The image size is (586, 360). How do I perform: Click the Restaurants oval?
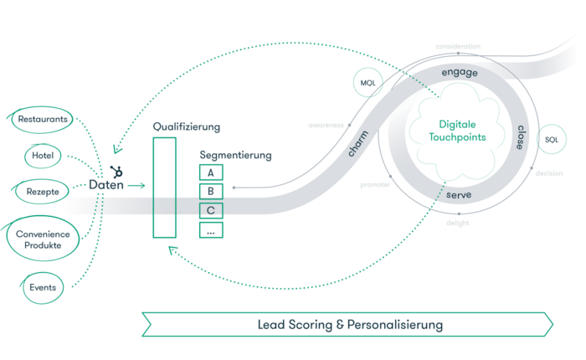point(42,119)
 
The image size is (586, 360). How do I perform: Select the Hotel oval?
point(43,155)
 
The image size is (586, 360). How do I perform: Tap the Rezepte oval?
point(42,192)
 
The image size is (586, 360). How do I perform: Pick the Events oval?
point(43,287)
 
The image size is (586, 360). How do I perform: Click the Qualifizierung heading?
point(186,126)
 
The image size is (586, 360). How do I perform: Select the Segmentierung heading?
point(235,156)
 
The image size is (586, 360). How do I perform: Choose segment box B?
point(211,192)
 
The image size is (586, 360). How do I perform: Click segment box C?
point(211,210)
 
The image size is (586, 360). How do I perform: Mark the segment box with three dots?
point(211,229)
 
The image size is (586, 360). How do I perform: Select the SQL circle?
point(551,139)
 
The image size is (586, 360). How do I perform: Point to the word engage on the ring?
point(460,73)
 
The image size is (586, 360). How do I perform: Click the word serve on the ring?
point(457,194)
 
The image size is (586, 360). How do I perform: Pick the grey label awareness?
point(326,125)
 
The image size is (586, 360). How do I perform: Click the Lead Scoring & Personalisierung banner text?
point(349,324)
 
